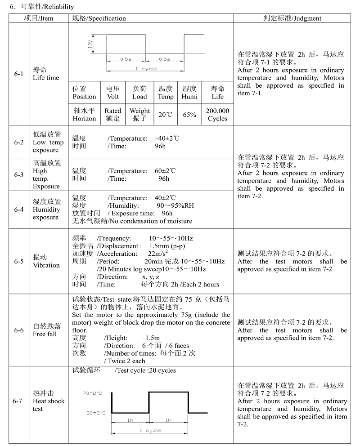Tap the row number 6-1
point(18,74)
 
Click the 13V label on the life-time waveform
point(90,45)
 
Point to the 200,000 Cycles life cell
point(217,115)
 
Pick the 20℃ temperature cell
point(165,115)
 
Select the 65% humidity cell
point(189,115)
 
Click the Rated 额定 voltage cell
point(113,115)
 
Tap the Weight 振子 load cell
point(139,115)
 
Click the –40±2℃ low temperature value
point(166,138)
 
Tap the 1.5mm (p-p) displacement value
point(167,246)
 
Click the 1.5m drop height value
point(153,338)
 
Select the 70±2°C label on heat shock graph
point(94,392)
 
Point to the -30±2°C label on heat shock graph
point(94,413)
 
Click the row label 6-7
point(18,401)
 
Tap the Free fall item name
point(46,334)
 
